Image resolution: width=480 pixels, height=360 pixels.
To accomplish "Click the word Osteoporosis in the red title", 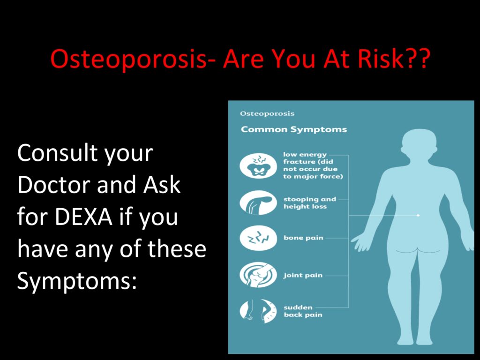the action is tap(128, 59).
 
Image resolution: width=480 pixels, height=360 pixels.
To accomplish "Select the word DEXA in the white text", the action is tap(83, 217).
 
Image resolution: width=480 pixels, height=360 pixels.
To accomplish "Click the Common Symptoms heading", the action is tap(294, 129).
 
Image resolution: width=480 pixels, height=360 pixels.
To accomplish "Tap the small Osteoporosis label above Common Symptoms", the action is tap(267, 113).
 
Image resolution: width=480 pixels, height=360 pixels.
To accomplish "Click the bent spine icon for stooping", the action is tap(258, 202).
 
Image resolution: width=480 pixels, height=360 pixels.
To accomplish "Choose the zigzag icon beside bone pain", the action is tap(258, 238).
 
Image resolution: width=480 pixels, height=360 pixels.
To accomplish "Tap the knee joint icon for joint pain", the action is tap(258, 275).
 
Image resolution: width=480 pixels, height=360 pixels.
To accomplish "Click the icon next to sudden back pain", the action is tap(258, 311).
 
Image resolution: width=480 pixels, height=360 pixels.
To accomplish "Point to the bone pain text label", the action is tap(303, 238).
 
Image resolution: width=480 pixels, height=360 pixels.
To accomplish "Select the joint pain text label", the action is tap(303, 276).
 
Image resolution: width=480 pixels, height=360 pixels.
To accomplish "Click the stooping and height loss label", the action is tap(310, 202).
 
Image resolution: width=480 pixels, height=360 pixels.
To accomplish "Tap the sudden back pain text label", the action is tap(303, 311).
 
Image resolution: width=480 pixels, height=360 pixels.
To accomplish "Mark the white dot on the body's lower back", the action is tap(418, 216).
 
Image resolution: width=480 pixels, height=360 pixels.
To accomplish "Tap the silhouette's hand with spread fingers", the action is tap(361, 242).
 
